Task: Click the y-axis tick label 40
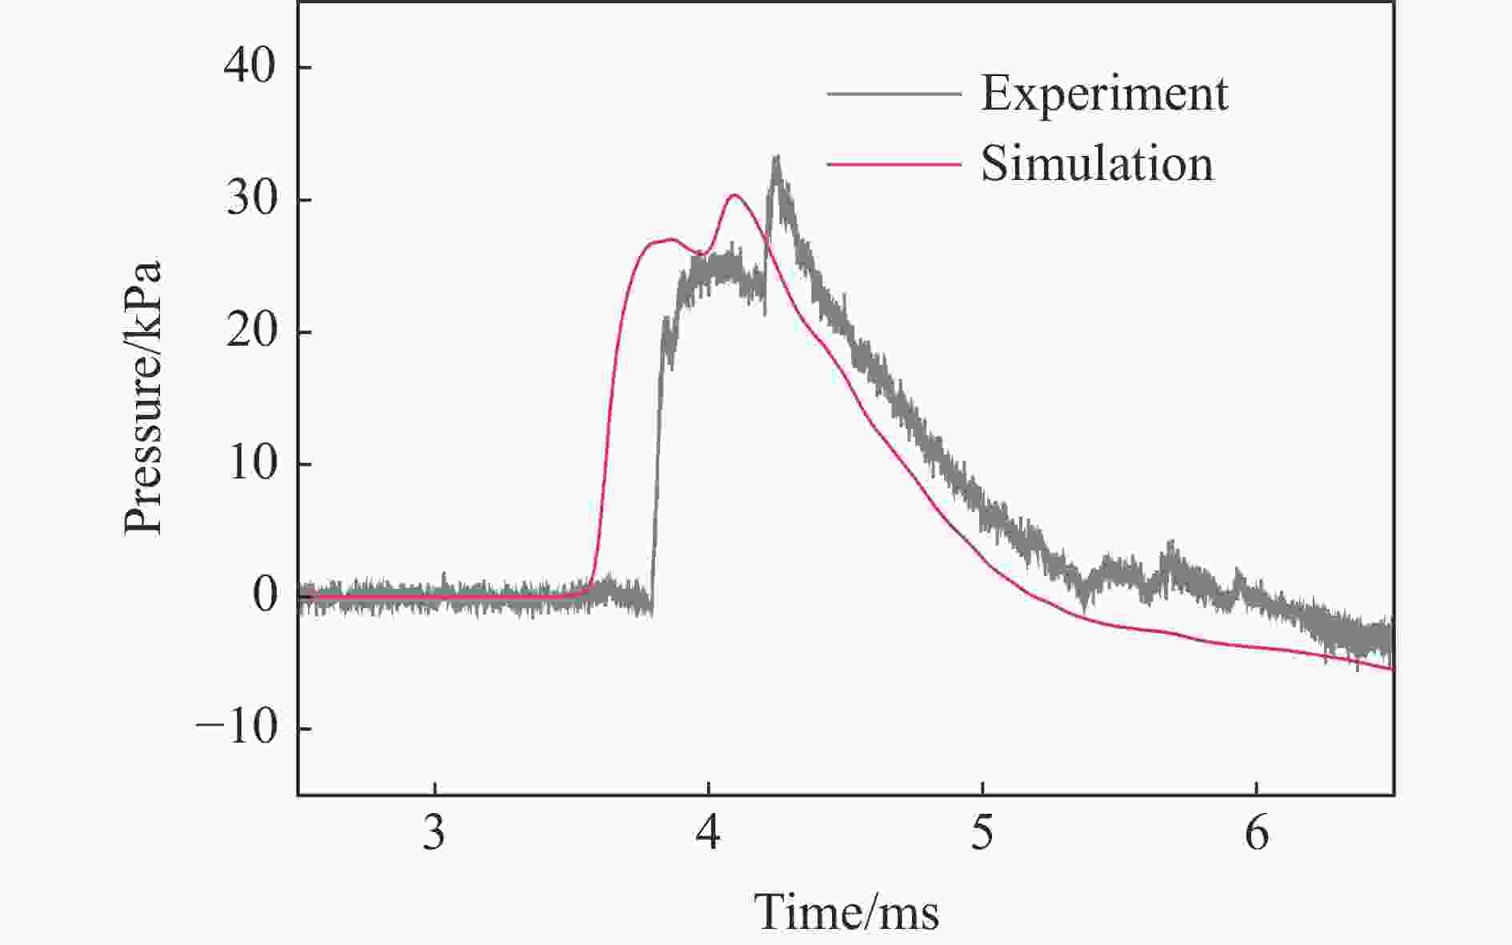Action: [x=249, y=67]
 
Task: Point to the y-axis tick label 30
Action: [x=250, y=199]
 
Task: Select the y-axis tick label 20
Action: [x=250, y=331]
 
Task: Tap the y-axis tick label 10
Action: [x=250, y=463]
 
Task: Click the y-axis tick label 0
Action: [x=264, y=596]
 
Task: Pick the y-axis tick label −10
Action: [x=236, y=728]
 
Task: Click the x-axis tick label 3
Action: [x=434, y=834]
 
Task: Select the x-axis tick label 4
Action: [x=708, y=834]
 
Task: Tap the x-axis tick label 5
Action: [x=982, y=834]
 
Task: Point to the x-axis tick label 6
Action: [x=1257, y=834]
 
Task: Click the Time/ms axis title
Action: [x=846, y=912]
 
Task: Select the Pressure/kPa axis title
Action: [x=144, y=397]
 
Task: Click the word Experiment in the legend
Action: [x=1104, y=94]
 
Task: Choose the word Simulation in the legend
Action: [x=1097, y=164]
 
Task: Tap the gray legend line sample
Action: [x=894, y=94]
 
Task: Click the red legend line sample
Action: [x=894, y=164]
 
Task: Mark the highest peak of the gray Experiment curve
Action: [x=775, y=157]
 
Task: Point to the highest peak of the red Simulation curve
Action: [x=734, y=194]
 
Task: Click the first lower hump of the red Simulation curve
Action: [x=670, y=239]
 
